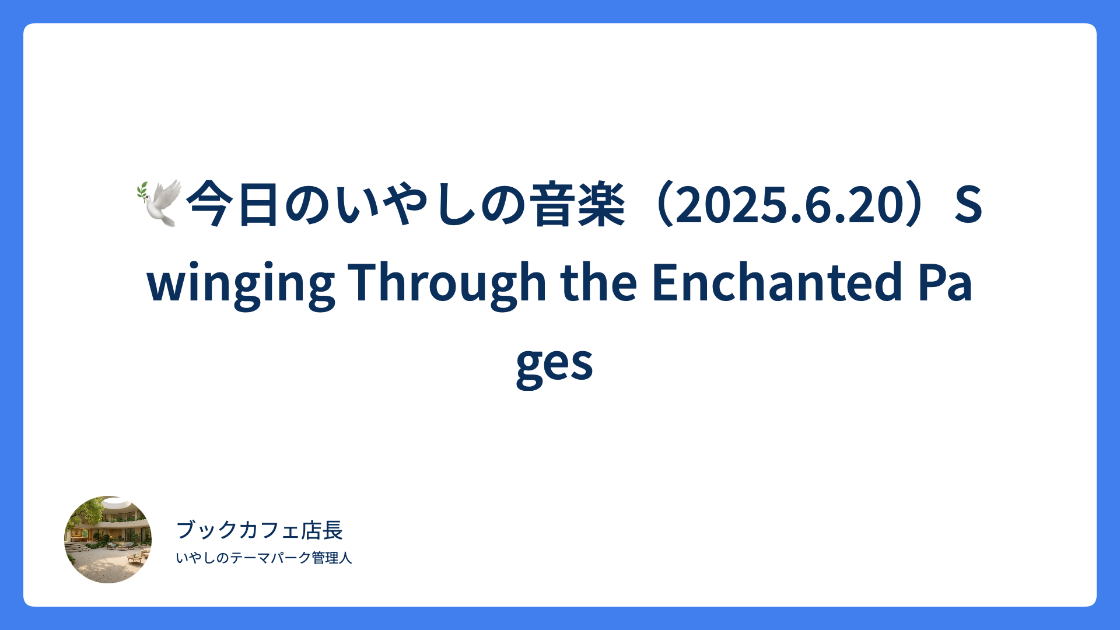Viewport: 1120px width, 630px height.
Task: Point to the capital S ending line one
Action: point(968,205)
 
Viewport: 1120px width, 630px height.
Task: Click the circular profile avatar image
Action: point(108,540)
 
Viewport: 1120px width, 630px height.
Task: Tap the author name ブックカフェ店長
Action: point(260,530)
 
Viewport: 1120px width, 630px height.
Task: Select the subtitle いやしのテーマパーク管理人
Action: point(264,558)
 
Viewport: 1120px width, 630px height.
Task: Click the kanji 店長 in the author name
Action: point(321,530)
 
